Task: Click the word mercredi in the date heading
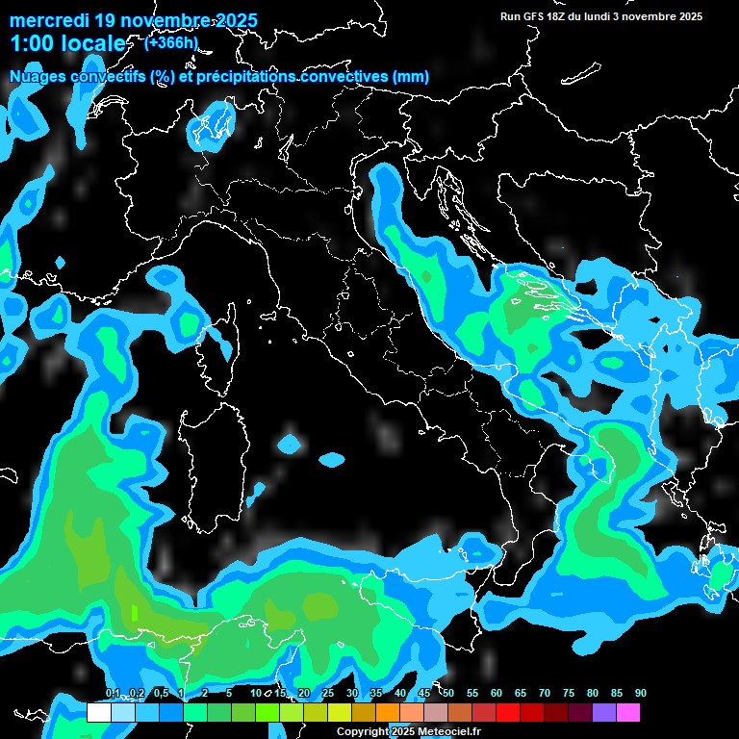click(x=49, y=20)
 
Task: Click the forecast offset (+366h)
click(x=171, y=42)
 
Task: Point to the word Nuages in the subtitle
click(x=39, y=77)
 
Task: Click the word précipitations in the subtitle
click(x=246, y=77)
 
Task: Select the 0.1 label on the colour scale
click(x=113, y=694)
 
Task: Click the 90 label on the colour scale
click(x=641, y=694)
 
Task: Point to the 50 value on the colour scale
click(x=448, y=694)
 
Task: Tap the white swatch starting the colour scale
click(x=98, y=713)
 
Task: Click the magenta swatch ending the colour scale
click(x=628, y=713)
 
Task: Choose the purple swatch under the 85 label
click(x=604, y=713)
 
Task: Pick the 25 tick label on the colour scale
click(x=328, y=694)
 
